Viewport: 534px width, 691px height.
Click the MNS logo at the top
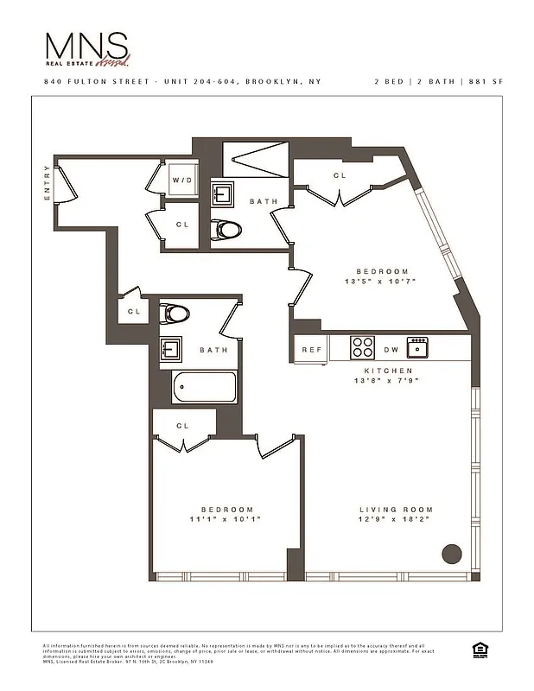click(x=87, y=49)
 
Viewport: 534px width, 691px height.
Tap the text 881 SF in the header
click(x=485, y=81)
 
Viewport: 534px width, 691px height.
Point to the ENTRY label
click(x=48, y=184)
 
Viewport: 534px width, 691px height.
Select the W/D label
click(x=182, y=181)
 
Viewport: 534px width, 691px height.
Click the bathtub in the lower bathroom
click(x=204, y=386)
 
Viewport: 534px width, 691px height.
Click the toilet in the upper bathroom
click(x=227, y=230)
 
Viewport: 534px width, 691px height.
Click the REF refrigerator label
click(x=311, y=350)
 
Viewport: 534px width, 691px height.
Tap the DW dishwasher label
click(x=391, y=350)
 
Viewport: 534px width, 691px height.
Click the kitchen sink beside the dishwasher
click(x=418, y=347)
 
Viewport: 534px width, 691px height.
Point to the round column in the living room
click(x=451, y=554)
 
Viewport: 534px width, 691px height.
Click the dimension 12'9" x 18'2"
click(x=395, y=519)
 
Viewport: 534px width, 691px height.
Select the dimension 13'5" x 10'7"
click(x=380, y=281)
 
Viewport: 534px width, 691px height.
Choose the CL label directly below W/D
click(x=182, y=225)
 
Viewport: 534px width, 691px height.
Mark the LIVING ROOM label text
click(x=396, y=510)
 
